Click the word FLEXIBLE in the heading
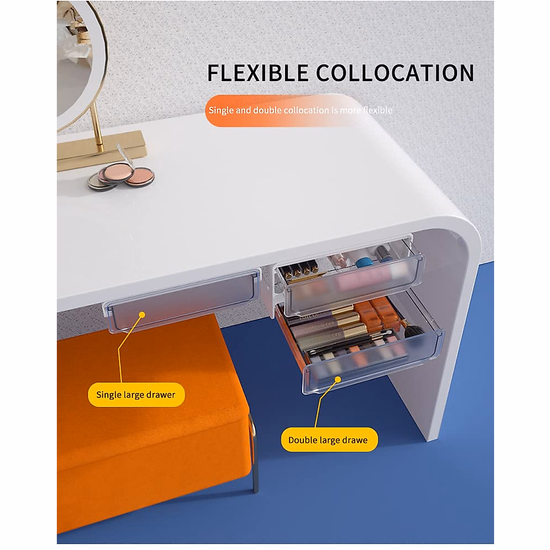258,73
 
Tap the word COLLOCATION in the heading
395,73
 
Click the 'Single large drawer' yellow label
136,395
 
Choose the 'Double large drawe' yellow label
328,440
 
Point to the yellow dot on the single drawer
142,315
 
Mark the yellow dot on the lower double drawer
338,379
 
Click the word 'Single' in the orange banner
221,110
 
